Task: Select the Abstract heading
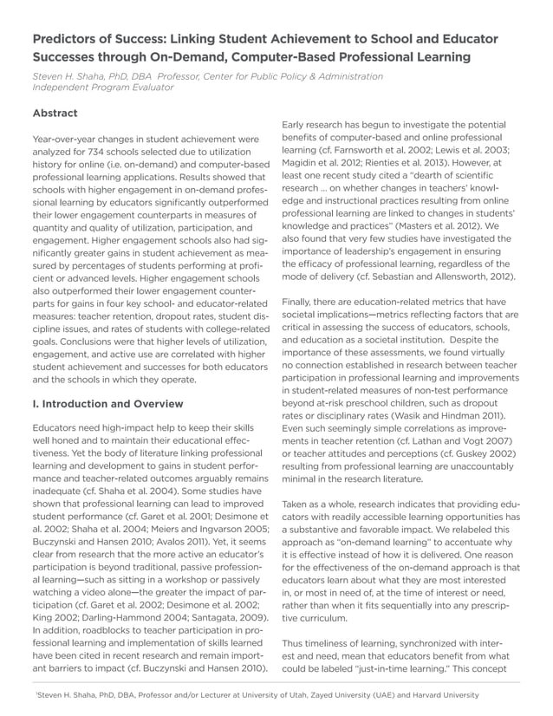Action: tap(55, 113)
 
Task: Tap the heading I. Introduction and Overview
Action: tap(107, 404)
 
